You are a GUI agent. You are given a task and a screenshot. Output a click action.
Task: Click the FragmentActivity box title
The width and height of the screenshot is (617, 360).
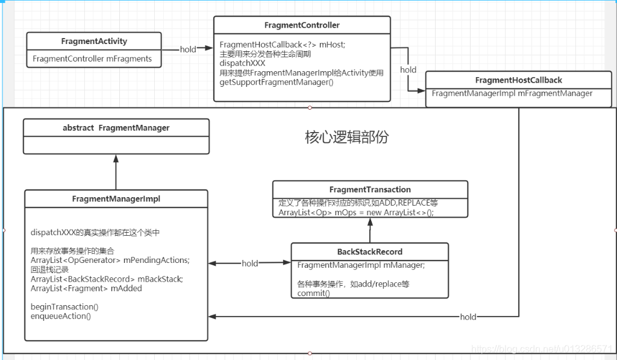[94, 42]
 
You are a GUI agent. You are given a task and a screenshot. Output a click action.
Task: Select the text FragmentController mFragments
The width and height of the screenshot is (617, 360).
[92, 58]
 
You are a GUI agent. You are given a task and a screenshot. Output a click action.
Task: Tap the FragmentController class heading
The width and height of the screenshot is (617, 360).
[302, 25]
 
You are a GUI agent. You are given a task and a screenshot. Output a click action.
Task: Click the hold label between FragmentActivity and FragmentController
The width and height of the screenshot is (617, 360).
[188, 49]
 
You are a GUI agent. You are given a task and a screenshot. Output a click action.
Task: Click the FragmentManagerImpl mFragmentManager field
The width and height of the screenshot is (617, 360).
[512, 93]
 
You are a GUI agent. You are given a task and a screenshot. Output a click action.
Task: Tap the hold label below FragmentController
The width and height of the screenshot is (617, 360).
[408, 70]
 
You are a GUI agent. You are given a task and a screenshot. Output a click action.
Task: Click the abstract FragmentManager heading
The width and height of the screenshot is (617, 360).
[116, 128]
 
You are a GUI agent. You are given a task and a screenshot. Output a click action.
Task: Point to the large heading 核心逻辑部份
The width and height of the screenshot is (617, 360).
[346, 137]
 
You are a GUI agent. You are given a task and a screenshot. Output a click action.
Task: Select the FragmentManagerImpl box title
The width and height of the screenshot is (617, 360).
[116, 198]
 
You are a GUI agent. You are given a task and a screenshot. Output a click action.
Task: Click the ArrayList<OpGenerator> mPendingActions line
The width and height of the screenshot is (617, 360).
[110, 260]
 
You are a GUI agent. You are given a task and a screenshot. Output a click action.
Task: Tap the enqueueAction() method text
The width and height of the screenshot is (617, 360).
[61, 315]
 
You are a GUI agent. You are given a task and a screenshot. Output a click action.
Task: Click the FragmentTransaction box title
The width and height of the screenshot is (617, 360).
[370, 189]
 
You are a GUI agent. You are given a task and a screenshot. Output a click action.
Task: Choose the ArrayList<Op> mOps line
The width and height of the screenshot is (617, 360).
[356, 212]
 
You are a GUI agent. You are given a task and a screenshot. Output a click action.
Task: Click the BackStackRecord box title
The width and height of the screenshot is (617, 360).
[370, 251]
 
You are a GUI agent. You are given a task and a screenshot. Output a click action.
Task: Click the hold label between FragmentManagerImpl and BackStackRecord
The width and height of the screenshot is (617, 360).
[249, 264]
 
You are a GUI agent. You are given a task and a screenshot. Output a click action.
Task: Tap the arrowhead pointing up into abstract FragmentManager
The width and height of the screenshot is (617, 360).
[116, 159]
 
